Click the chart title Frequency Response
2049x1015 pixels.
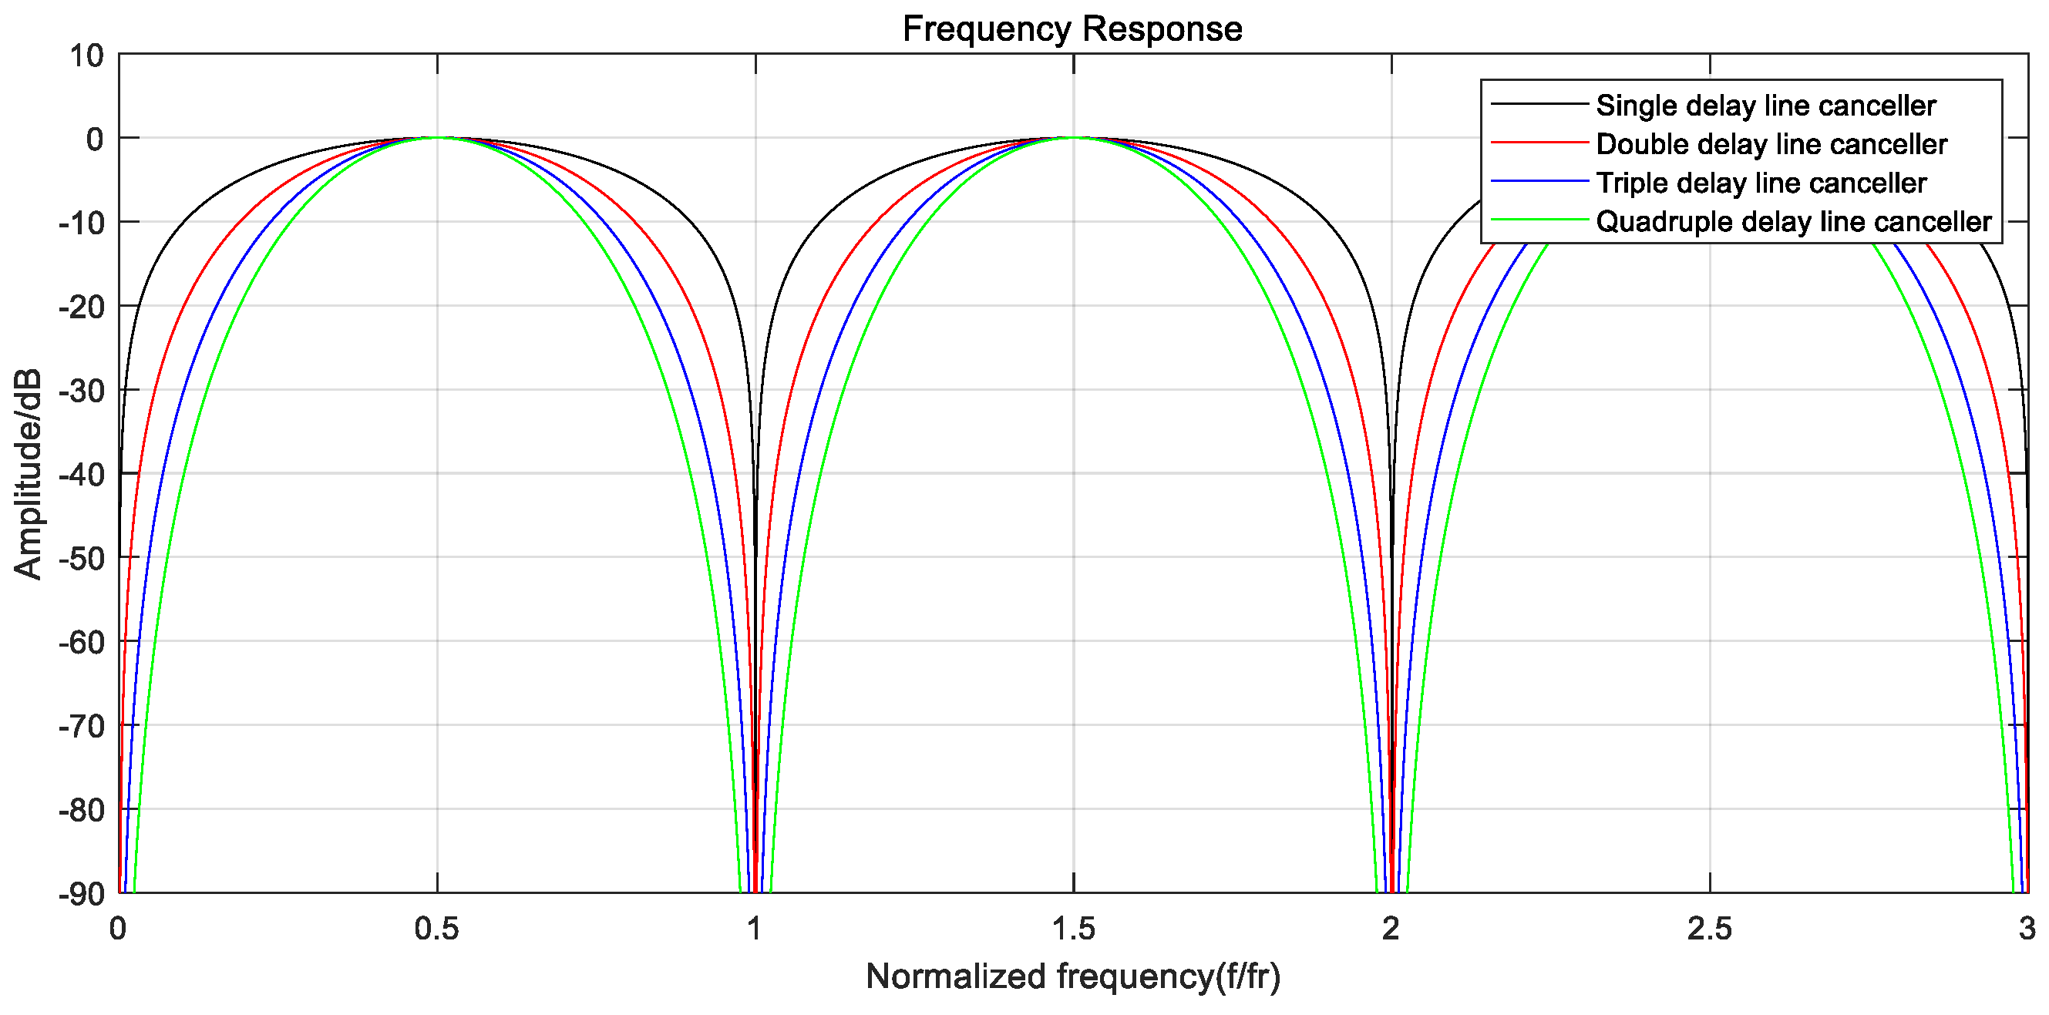[1072, 29]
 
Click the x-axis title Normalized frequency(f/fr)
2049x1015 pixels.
[1073, 976]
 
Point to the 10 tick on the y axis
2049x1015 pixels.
[86, 55]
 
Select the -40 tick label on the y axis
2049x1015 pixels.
[81, 475]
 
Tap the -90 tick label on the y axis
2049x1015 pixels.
[81, 894]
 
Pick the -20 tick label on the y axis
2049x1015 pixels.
[81, 307]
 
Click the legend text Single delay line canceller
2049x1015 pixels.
[1766, 105]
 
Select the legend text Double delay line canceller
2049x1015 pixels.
[1771, 144]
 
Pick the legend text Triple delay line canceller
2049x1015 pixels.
[1761, 183]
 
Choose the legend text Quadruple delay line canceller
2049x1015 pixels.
[1794, 221]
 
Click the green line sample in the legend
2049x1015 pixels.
[1539, 220]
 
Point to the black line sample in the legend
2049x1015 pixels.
[1539, 103]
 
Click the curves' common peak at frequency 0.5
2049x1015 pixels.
[436, 138]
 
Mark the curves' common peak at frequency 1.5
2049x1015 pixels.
[1073, 138]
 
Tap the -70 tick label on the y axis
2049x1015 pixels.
[81, 726]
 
